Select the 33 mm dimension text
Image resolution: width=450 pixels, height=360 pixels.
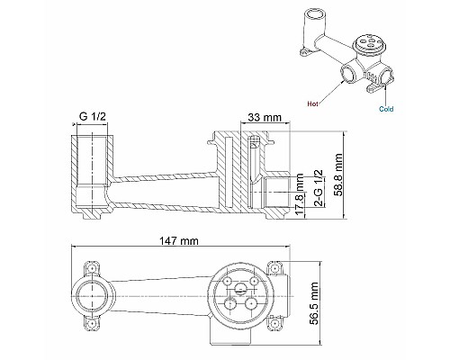click(x=264, y=118)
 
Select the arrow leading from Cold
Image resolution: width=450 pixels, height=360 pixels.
click(x=382, y=93)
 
